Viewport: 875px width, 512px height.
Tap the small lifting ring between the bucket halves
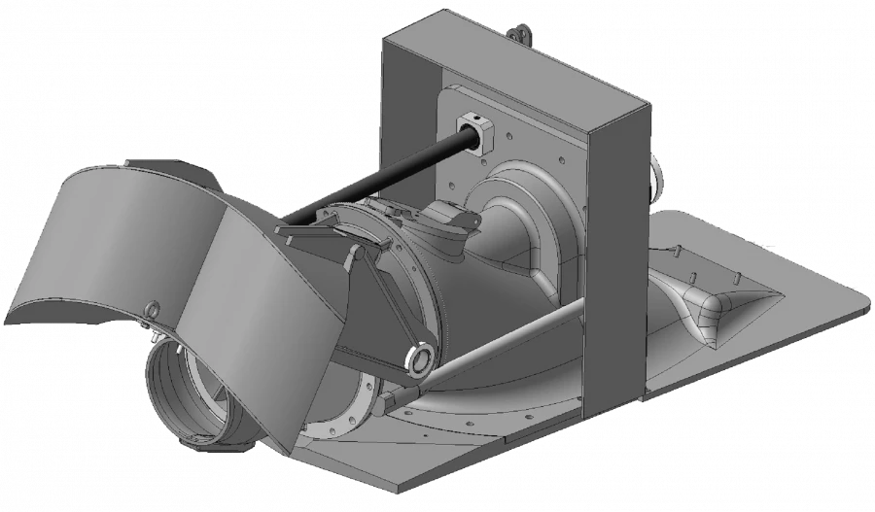152,310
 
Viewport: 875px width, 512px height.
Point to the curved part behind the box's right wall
657,180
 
